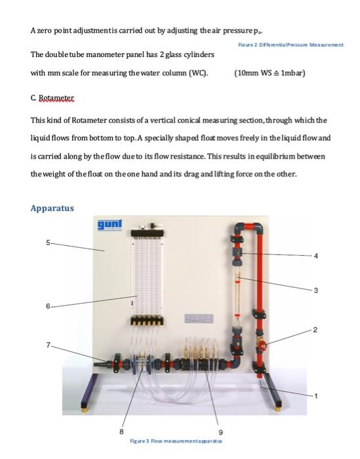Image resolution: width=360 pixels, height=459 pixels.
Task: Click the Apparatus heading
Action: pyautogui.click(x=52, y=208)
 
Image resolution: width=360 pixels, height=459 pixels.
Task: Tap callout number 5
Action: pyautogui.click(x=47, y=243)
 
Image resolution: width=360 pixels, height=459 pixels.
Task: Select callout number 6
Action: pyautogui.click(x=47, y=306)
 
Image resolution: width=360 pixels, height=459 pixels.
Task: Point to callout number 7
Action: pyautogui.click(x=47, y=345)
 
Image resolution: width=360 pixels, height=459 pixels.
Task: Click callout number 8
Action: pyautogui.click(x=120, y=431)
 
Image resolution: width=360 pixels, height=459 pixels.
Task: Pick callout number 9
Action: pyautogui.click(x=220, y=431)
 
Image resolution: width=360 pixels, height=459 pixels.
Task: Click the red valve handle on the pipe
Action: pyautogui.click(x=262, y=344)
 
